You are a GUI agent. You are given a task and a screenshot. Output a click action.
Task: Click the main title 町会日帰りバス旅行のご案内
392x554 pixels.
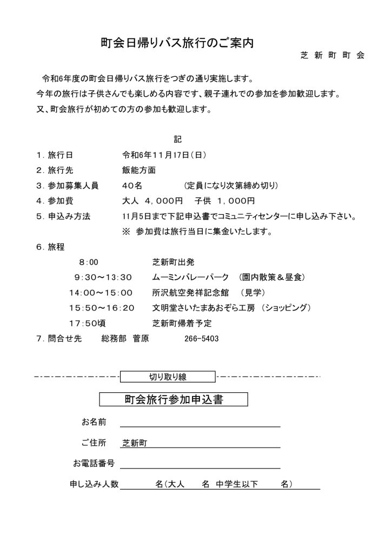tap(178, 43)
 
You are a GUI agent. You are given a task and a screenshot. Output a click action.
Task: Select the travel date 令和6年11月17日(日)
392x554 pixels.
tap(164, 154)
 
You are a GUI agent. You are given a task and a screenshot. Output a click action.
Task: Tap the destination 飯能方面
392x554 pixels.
tap(139, 170)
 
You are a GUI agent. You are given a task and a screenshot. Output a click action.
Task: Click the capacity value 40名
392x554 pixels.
tap(132, 186)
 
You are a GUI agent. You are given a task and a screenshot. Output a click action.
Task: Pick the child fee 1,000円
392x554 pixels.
tap(230, 201)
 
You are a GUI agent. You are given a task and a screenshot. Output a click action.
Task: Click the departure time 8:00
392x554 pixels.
tap(89, 262)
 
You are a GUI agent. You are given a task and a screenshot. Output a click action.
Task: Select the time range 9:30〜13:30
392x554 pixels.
tap(103, 278)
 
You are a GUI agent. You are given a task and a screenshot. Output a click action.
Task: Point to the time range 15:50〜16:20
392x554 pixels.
tap(102, 308)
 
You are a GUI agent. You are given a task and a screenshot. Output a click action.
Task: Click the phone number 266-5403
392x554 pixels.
tap(201, 339)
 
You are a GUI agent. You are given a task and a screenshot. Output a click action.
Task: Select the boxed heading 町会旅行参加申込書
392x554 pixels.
tap(174, 400)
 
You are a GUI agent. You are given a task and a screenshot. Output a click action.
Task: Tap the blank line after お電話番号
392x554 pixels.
tap(200, 463)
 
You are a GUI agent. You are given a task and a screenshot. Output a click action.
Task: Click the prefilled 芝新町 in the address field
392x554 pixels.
tap(135, 443)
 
